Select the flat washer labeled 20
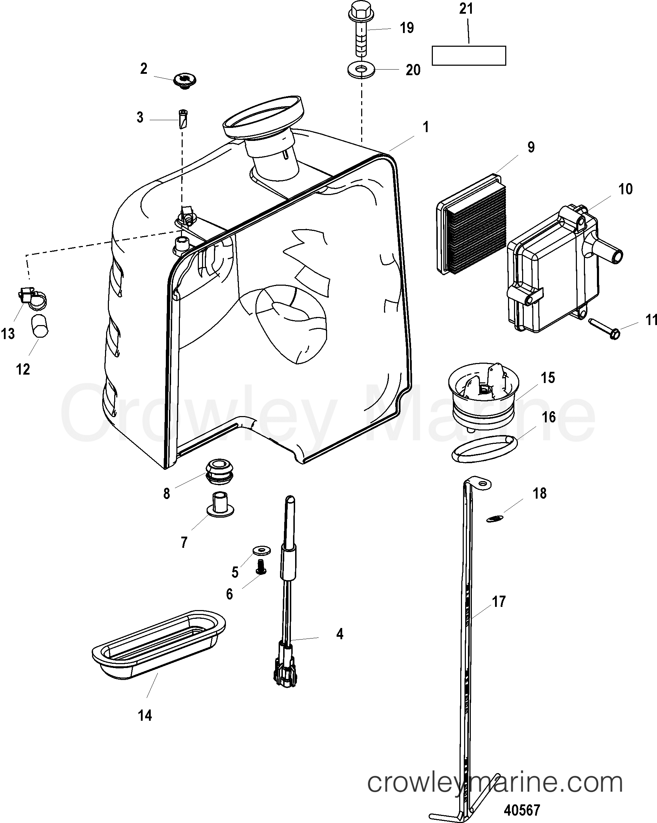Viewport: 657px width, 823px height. [x=361, y=71]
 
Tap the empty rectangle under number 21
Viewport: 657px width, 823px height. [x=468, y=56]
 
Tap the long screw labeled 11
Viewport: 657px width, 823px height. [x=603, y=329]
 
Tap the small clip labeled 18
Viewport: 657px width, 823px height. [x=495, y=518]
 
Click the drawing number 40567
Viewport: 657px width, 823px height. [x=522, y=810]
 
